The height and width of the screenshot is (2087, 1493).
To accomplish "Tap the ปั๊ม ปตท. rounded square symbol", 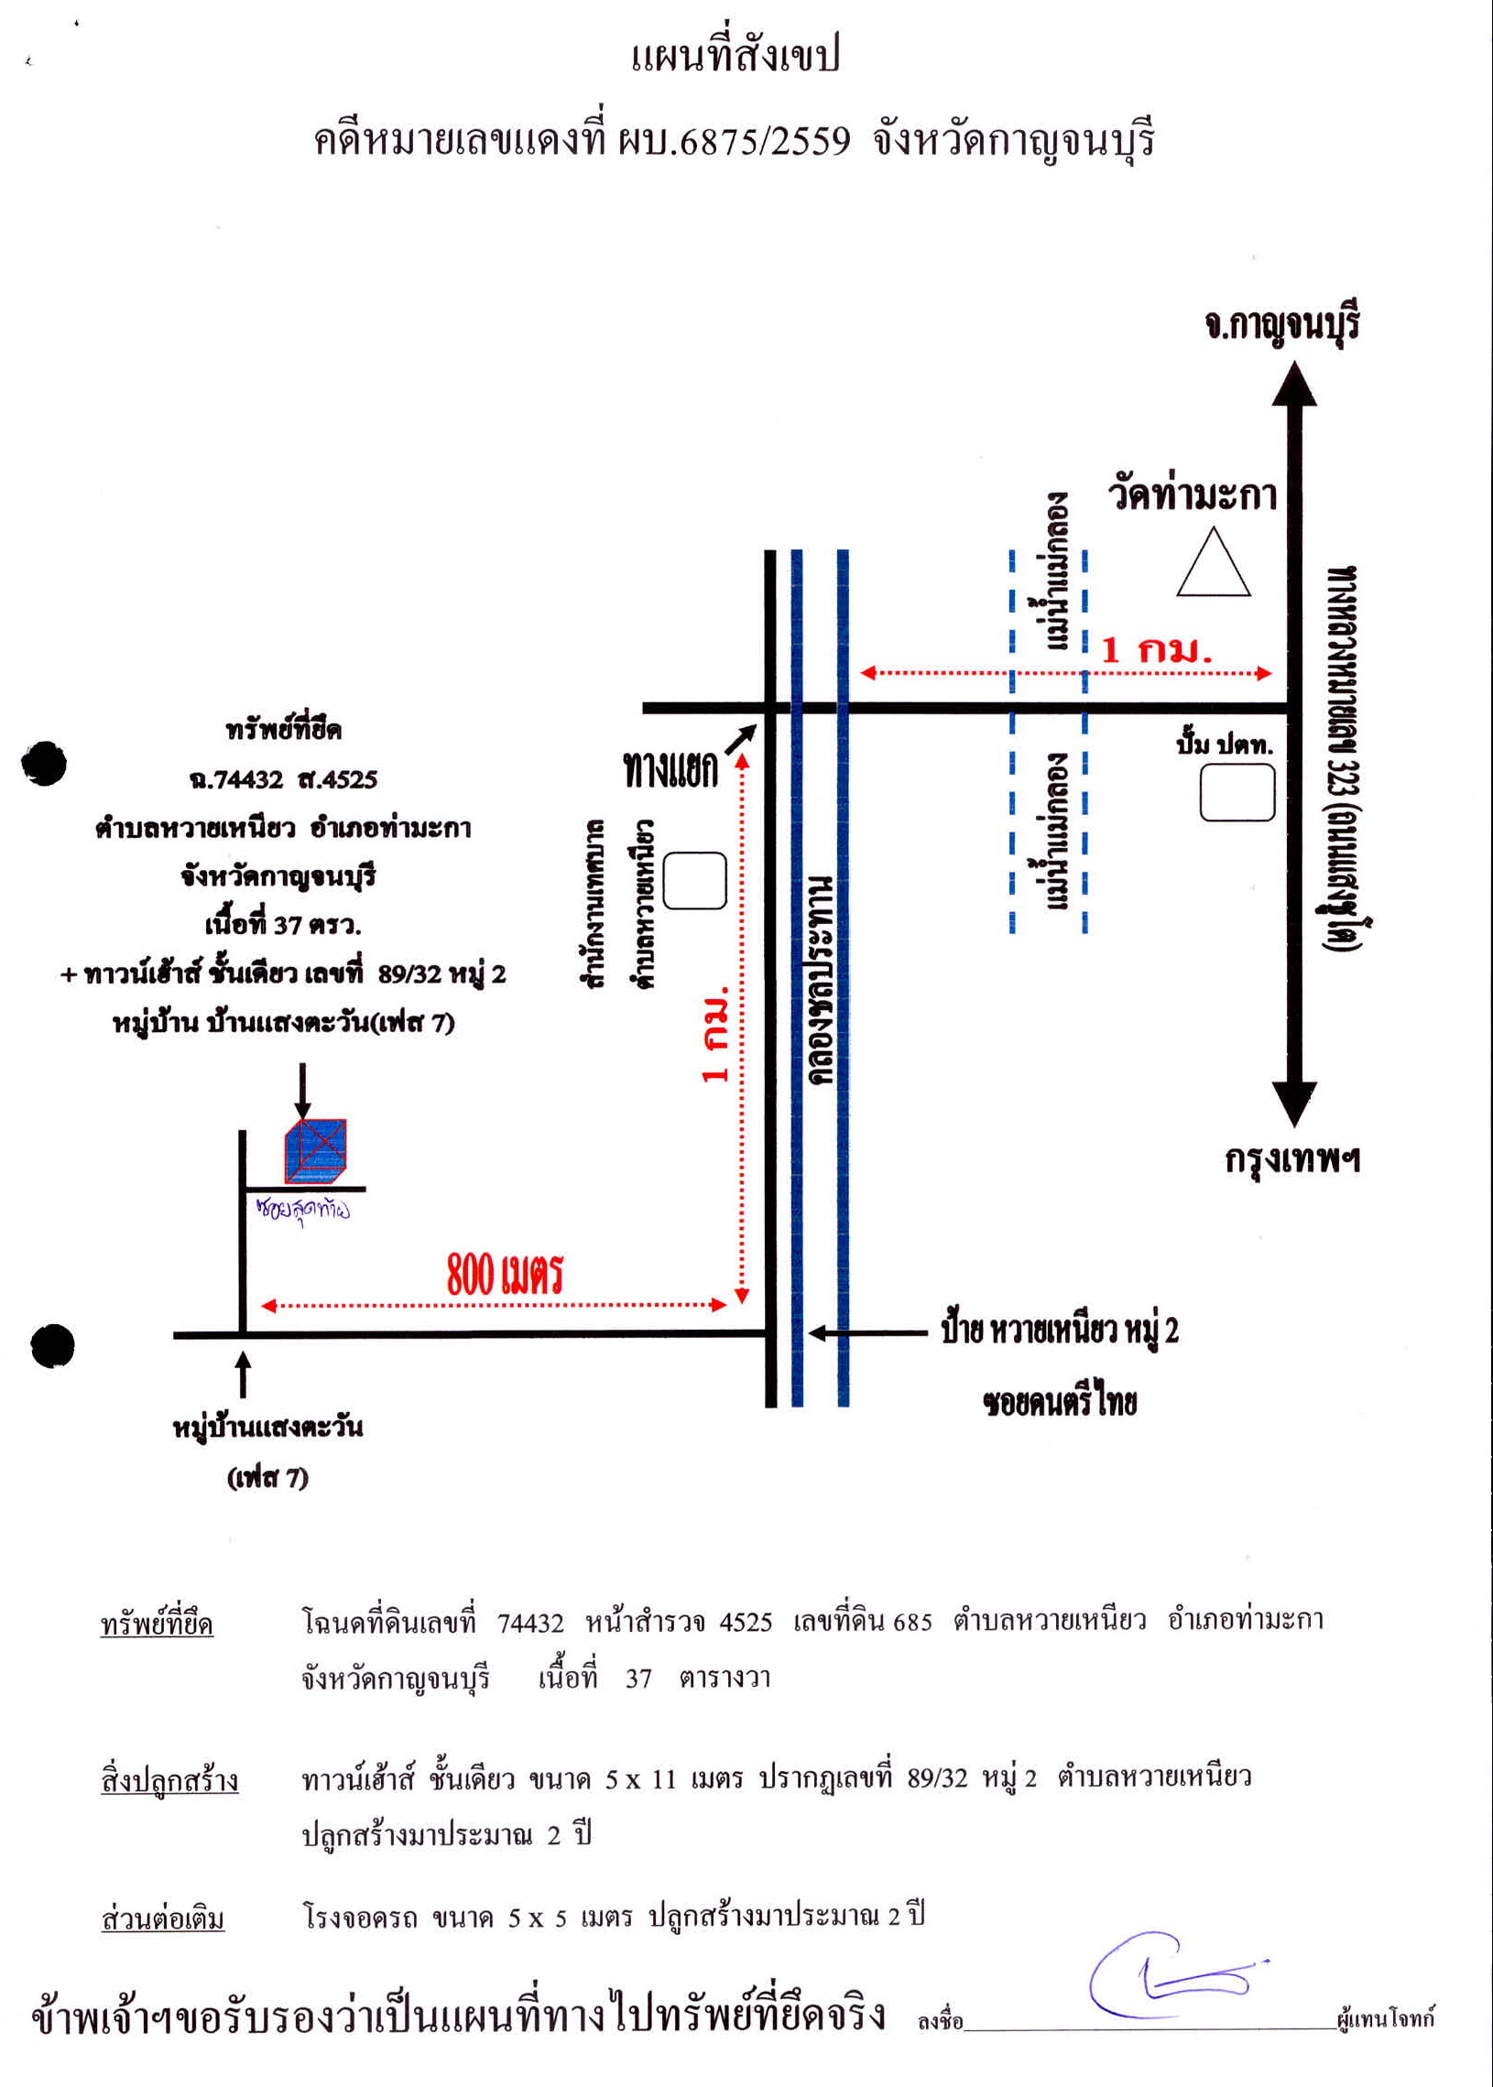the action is (x=1237, y=791).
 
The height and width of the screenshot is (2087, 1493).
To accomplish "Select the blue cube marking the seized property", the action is (x=315, y=1150).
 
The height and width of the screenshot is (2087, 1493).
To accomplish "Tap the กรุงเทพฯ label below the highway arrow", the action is (x=1292, y=1158).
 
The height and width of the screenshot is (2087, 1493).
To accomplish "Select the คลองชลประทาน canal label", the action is (x=821, y=980).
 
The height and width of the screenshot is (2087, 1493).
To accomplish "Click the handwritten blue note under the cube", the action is (x=302, y=1210).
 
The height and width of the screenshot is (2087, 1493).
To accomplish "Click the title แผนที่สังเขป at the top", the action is (x=736, y=56).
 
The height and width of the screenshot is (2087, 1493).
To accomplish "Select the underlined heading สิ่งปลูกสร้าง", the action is (x=169, y=1781).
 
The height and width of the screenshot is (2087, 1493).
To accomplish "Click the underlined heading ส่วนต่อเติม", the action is (x=163, y=1919).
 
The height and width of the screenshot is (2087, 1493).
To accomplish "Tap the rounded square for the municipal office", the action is (x=695, y=880).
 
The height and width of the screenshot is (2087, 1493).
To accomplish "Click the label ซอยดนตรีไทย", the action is (x=1060, y=1402).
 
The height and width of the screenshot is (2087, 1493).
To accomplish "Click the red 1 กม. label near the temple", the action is (x=1157, y=650).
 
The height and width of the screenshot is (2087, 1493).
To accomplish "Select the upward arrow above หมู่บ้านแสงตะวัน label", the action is (x=243, y=1374).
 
